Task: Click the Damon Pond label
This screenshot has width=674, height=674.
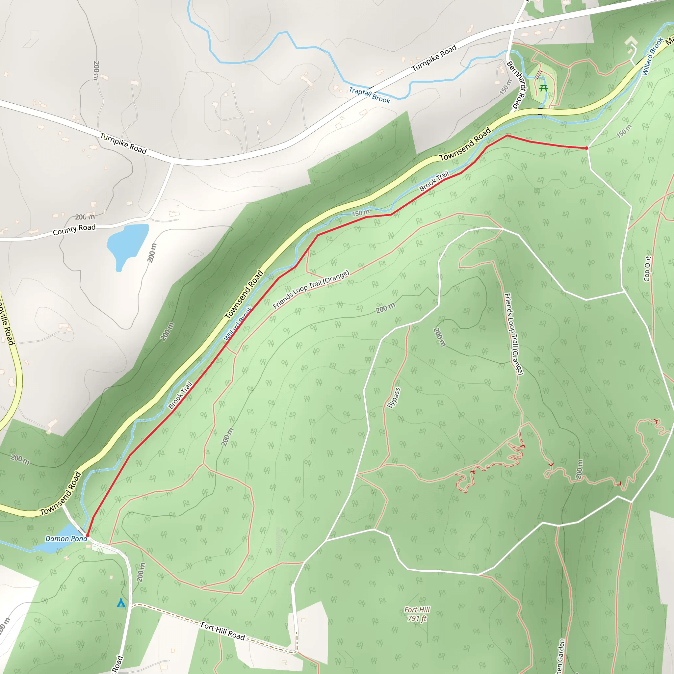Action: point(66,539)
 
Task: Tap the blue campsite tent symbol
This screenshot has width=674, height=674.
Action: point(121,603)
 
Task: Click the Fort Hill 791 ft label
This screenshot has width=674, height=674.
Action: point(417,614)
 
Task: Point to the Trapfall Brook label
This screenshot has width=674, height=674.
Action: point(370,95)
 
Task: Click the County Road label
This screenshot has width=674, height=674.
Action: point(74,230)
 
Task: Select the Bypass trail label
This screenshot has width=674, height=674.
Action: point(394,398)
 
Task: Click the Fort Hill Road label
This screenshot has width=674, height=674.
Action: point(223,631)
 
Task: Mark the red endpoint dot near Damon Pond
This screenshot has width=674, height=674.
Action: point(87,535)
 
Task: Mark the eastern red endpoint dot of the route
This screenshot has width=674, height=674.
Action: point(586,148)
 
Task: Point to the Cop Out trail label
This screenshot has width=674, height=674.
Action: point(647,269)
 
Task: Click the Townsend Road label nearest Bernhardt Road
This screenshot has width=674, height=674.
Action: point(465,144)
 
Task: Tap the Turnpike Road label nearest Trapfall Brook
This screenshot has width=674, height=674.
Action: point(434,58)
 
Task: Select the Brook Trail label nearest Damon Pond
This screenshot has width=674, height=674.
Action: point(180,396)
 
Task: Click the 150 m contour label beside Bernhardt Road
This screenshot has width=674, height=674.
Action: point(505,87)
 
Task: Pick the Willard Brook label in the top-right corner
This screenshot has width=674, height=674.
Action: point(652,56)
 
